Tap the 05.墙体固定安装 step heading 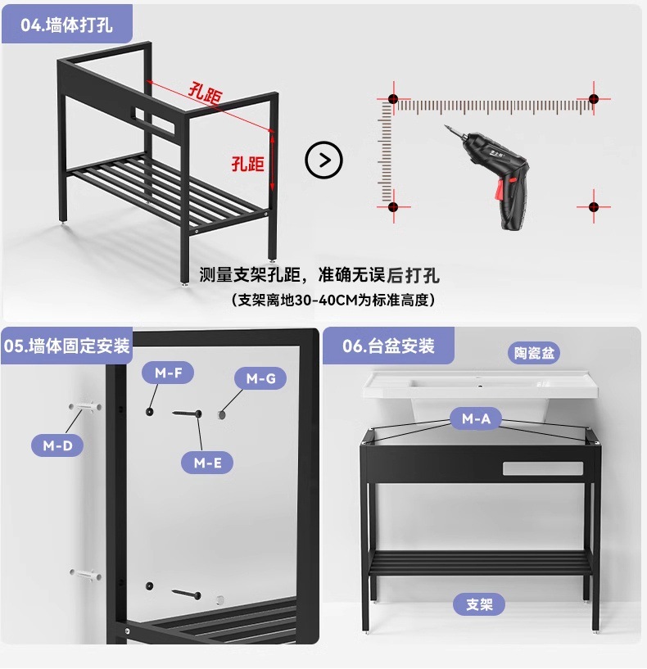67,346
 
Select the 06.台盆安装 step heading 388,346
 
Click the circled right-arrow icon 323,160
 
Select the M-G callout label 260,378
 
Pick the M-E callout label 207,463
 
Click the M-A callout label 476,419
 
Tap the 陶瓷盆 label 535,353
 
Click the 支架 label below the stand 479,605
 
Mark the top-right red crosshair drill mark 595,99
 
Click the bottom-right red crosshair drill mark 595,206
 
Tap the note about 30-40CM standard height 333,300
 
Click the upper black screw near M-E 187,415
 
